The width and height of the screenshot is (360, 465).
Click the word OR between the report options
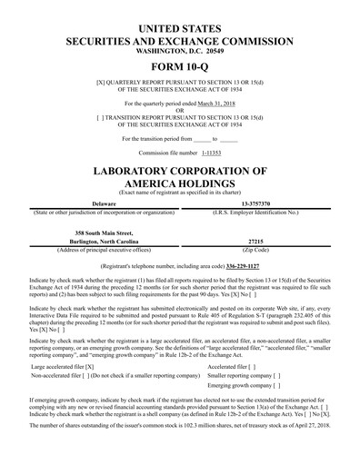pos(180,111)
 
